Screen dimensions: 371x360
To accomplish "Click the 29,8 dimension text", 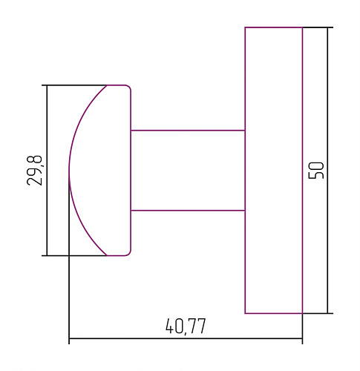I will click(35, 170).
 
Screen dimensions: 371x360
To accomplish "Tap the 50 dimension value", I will click(315, 170).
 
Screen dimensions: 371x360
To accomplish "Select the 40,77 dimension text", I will click(186, 326).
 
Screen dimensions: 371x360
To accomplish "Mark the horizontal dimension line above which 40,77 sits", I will click(186, 340).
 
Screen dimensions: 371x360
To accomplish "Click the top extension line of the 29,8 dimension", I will click(74, 85).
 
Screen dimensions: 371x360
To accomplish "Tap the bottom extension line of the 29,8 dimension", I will click(74, 255).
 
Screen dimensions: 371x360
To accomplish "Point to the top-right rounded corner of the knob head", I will click(129, 88).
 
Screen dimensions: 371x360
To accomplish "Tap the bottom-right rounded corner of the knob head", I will click(129, 253).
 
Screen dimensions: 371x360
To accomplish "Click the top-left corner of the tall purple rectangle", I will click(246, 27).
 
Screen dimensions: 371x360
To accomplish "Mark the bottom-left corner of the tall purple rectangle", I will click(246, 313).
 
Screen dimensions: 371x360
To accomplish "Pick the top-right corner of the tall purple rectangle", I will click(302, 27).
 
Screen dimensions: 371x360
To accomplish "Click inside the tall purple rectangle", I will click(274, 170).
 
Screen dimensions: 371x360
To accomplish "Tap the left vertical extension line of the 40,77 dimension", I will click(69, 297).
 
